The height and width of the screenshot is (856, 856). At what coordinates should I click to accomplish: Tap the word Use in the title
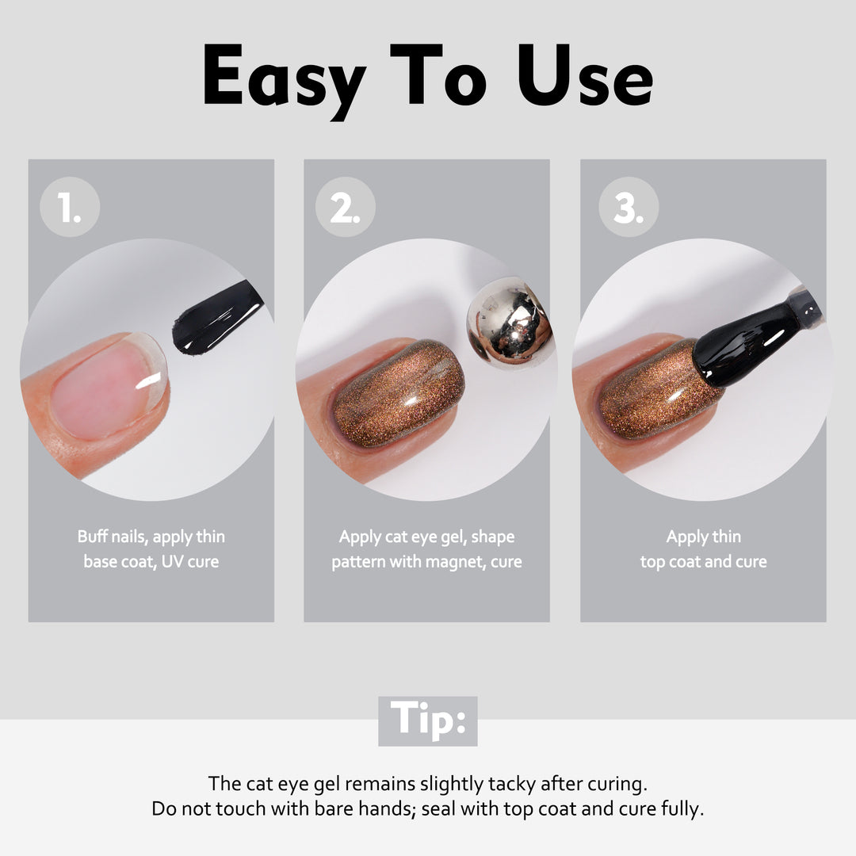click(x=585, y=75)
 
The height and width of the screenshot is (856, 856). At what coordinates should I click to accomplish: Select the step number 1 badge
click(x=70, y=207)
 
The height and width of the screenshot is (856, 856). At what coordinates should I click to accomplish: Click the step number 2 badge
click(x=346, y=207)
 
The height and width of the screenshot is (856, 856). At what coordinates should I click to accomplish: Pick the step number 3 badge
click(x=629, y=207)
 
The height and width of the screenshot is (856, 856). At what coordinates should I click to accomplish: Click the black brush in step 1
click(x=217, y=319)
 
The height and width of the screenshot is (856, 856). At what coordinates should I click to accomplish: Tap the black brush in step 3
click(x=754, y=338)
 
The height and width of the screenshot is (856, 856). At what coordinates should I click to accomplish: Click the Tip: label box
click(x=428, y=720)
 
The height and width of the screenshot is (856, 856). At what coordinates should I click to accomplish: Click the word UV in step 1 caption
click(x=172, y=561)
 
